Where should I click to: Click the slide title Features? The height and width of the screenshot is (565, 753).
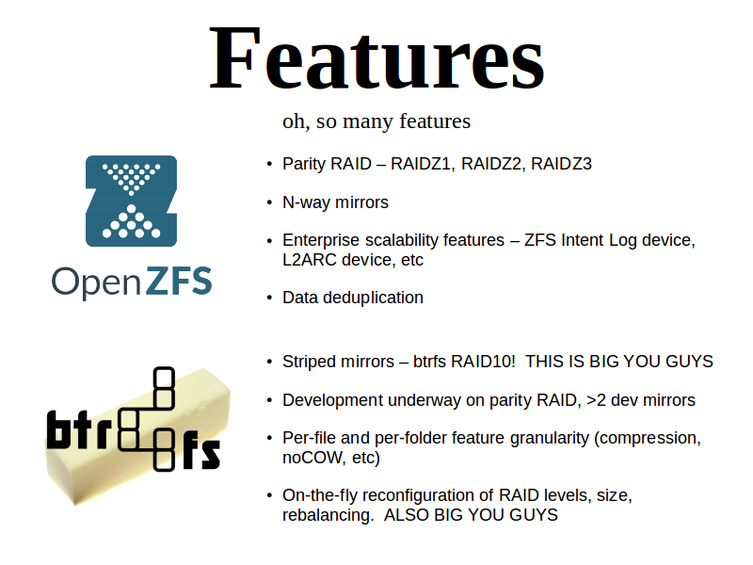tap(377, 58)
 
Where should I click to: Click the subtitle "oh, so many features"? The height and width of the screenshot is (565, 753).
tap(376, 121)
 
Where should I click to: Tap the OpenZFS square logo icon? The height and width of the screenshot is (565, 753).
tap(131, 201)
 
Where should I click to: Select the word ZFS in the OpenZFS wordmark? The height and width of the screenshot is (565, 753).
tap(178, 281)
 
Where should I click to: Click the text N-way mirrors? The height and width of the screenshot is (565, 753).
tap(335, 202)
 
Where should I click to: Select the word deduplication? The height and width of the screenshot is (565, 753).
tap(373, 298)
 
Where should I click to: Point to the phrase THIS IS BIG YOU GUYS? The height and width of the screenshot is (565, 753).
tap(619, 362)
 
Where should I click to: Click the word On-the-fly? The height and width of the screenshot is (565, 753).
tap(320, 495)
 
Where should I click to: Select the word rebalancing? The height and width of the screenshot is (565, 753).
tap(328, 514)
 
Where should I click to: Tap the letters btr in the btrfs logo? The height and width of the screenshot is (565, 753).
tap(80, 429)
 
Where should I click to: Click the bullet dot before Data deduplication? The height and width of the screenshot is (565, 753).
tap(269, 299)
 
